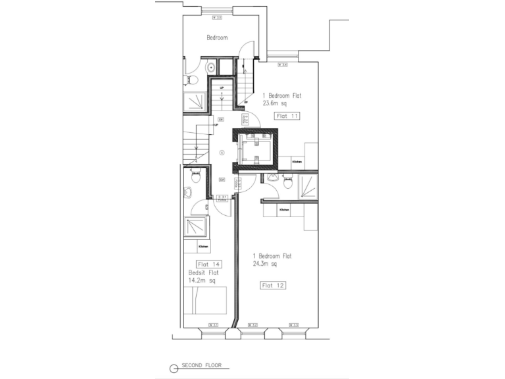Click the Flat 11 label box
tap(288, 115)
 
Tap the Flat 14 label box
tap(208, 265)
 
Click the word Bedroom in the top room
tap(217, 38)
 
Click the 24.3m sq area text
tap(266, 264)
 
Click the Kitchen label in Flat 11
tap(297, 161)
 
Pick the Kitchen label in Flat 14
tap(203, 246)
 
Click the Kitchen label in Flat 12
tap(284, 210)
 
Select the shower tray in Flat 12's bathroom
tap(308, 187)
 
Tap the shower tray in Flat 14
tap(195, 228)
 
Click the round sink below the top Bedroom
tap(209, 67)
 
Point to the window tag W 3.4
tap(283, 64)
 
